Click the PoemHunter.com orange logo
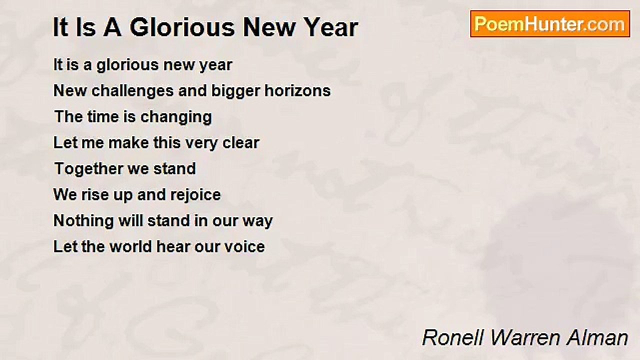click(550, 24)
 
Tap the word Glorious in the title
click(182, 27)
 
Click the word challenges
click(132, 91)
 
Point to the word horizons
click(297, 91)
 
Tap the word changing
click(176, 117)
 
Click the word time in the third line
click(103, 117)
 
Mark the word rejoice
click(195, 195)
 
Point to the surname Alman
click(597, 337)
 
